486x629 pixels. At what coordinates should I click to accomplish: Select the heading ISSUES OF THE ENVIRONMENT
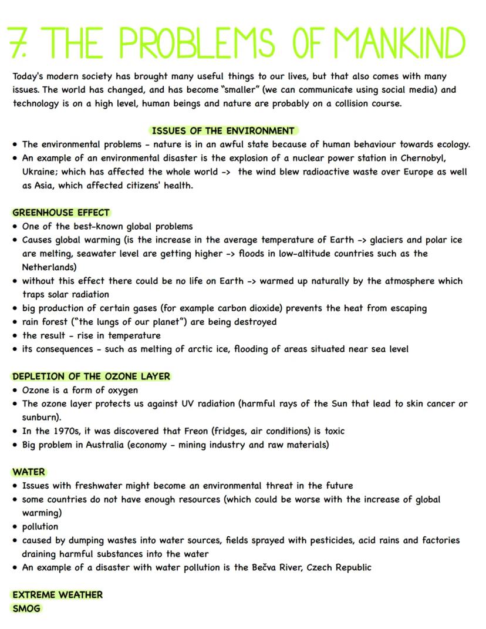(222, 130)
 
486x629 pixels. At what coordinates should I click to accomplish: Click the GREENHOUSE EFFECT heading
(61, 213)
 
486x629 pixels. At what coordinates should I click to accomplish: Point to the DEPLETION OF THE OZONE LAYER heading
(91, 376)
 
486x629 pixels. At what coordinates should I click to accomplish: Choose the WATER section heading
(29, 472)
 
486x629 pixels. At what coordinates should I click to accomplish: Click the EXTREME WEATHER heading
(58, 595)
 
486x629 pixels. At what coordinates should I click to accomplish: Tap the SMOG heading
(26, 608)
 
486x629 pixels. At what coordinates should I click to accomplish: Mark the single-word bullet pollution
(41, 526)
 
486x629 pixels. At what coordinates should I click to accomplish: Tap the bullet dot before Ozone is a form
(15, 391)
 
